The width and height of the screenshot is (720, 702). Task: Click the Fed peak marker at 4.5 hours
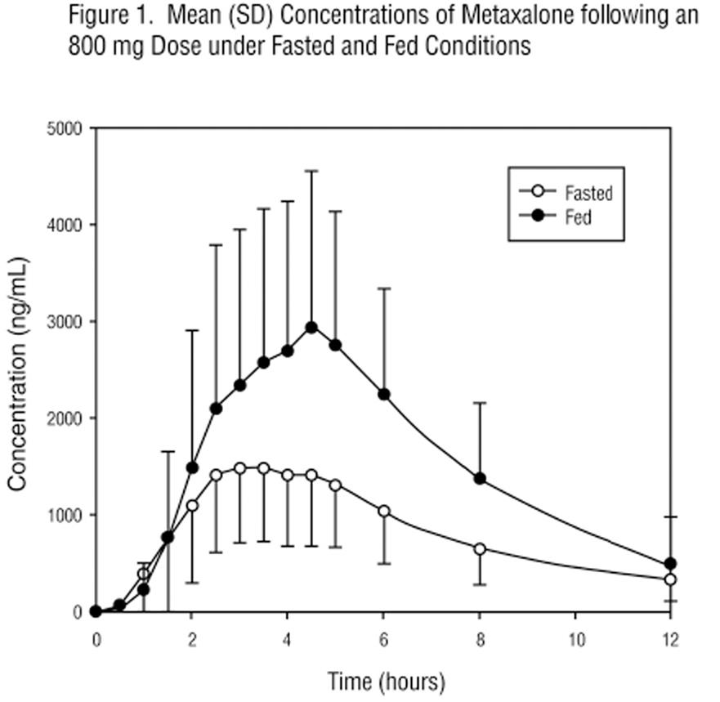tap(311, 327)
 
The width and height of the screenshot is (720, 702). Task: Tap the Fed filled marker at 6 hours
tap(384, 394)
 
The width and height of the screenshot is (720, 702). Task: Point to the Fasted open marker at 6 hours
tap(384, 511)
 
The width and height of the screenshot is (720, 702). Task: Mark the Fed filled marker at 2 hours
tap(192, 467)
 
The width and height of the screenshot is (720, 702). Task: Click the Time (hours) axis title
tap(386, 680)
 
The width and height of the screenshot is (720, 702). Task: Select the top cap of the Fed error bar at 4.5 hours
tap(311, 171)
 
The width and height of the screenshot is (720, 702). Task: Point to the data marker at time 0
tap(96, 611)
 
